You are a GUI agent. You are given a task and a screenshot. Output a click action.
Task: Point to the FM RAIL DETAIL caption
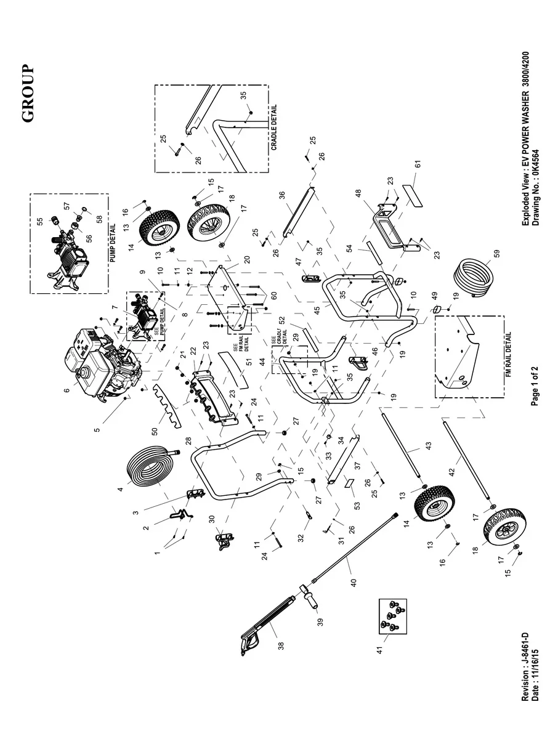point(509,357)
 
